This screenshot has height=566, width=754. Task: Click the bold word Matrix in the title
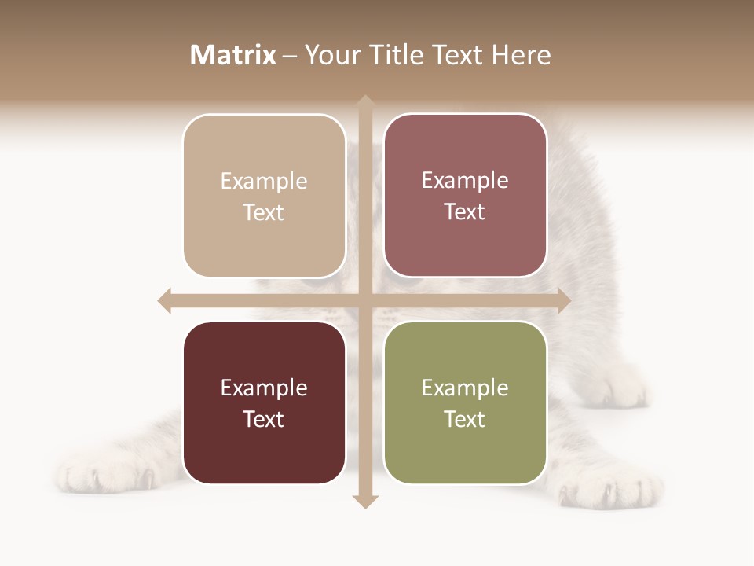point(232,55)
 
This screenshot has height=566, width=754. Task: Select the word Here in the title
point(522,55)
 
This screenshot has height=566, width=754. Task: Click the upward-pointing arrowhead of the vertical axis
point(365,102)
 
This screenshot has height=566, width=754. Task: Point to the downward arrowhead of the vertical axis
point(365,501)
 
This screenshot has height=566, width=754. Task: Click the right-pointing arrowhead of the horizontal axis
point(563,300)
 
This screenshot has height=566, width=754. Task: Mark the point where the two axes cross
point(365,300)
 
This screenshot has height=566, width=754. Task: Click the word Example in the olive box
point(465,388)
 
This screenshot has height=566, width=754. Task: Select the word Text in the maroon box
point(264,419)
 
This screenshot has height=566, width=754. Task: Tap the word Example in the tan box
point(264,181)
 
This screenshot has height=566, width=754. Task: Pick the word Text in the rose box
point(465,211)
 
